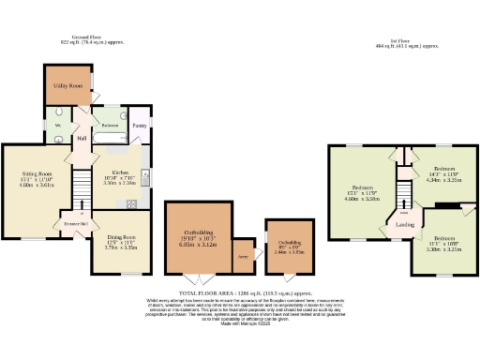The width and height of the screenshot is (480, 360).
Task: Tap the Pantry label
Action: point(139,124)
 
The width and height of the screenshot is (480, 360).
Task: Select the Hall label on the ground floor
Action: point(82,139)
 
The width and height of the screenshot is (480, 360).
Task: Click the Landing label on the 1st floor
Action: point(404,225)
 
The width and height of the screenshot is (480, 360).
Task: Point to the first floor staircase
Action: point(404,192)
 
